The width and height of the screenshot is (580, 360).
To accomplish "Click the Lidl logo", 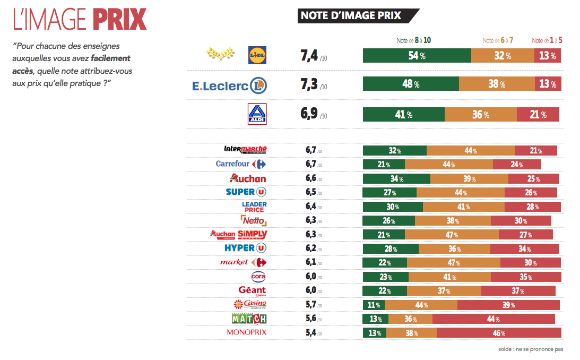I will point(257,55).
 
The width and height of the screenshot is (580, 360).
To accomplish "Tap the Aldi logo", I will point(257,114).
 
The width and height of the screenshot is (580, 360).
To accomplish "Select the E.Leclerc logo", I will point(229,85).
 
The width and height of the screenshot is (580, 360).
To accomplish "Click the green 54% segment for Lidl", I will point(417,56).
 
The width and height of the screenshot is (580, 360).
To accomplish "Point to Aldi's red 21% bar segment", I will point(538,114).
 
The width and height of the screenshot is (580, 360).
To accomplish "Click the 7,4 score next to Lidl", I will point(309,56).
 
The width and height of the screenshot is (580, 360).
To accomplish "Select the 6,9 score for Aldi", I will point(309,114).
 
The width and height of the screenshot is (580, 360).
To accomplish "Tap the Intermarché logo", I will point(245,150).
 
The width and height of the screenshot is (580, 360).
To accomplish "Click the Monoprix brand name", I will point(246,332).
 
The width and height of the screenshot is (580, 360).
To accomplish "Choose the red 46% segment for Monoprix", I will point(498,333).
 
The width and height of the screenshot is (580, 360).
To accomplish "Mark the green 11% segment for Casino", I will point(374,305).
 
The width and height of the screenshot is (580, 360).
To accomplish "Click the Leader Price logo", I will point(254,207).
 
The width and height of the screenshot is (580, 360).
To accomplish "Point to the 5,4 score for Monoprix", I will point(311,333).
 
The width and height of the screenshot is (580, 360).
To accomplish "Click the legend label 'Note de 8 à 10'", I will point(414,40).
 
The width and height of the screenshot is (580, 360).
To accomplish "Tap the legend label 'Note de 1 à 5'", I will point(547,40).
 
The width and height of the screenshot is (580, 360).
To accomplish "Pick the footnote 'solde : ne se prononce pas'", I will point(530,349).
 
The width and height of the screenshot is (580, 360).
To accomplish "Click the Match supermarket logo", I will point(249,319).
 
